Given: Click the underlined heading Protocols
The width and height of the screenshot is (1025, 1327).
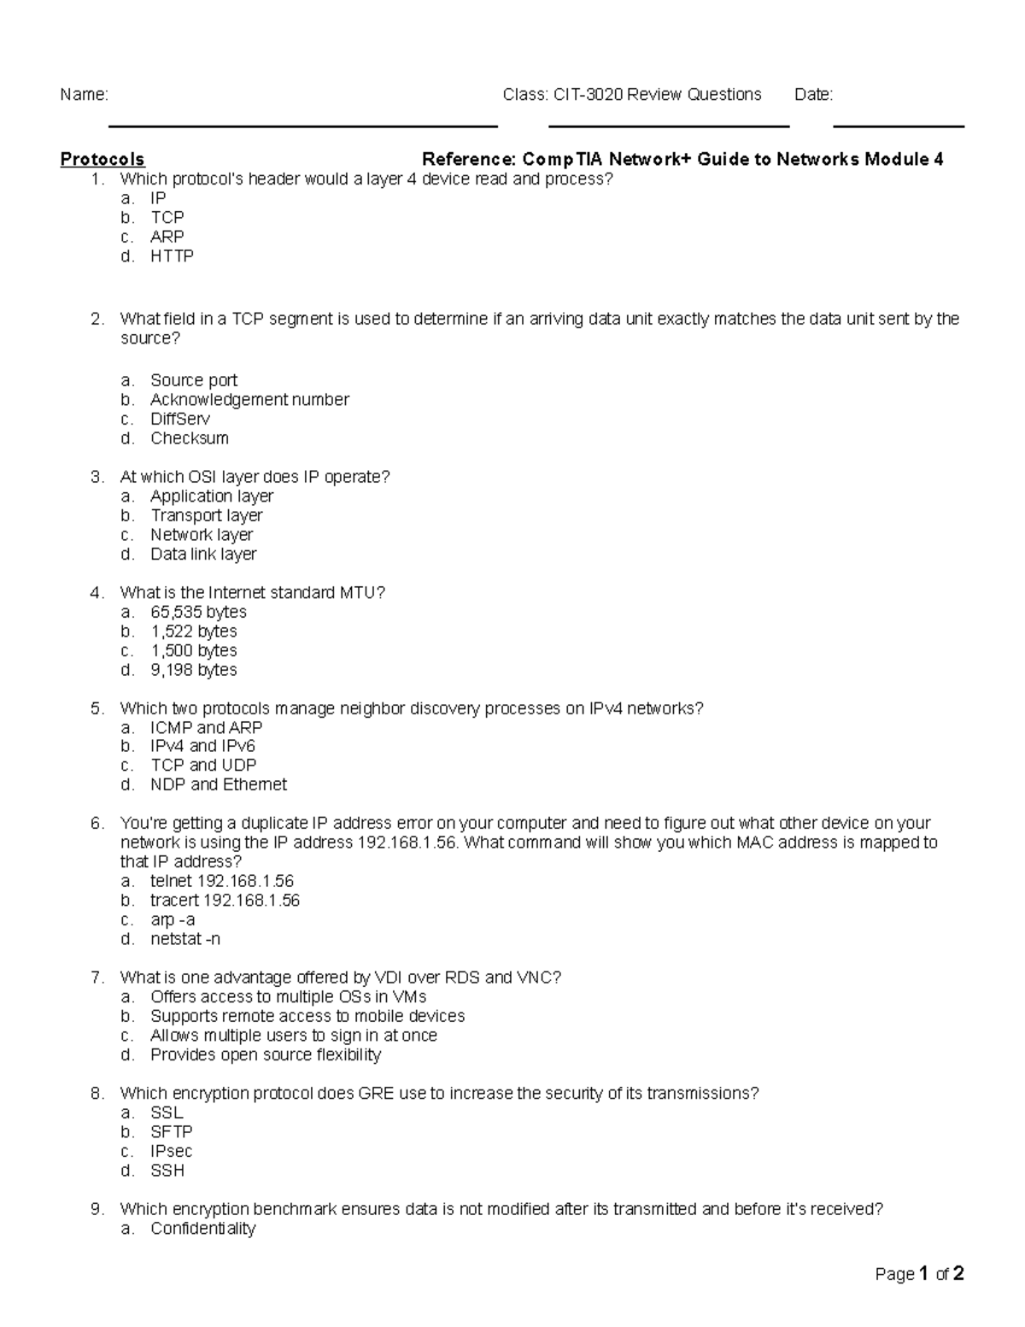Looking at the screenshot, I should pyautogui.click(x=102, y=159).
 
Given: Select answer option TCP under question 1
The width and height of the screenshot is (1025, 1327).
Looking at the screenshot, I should pyautogui.click(x=167, y=217).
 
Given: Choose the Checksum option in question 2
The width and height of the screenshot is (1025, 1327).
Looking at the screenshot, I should pyautogui.click(x=190, y=438).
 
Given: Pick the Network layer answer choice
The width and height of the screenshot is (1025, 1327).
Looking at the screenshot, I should pyautogui.click(x=202, y=535).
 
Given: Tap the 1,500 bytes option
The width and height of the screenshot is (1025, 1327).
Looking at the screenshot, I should pyautogui.click(x=194, y=650).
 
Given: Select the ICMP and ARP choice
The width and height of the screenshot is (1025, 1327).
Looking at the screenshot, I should pyautogui.click(x=206, y=727).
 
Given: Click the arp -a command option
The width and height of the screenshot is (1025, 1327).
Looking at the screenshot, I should pyautogui.click(x=173, y=919).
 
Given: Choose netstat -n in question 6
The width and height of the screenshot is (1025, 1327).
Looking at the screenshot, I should pyautogui.click(x=185, y=939).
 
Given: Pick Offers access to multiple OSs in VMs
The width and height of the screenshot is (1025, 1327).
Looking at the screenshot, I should pyautogui.click(x=288, y=996).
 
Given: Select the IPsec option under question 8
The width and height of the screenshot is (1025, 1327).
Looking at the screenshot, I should pyautogui.click(x=171, y=1151).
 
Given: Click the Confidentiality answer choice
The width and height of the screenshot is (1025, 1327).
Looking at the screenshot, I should pyautogui.click(x=202, y=1229).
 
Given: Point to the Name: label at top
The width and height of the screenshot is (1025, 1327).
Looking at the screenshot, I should pyautogui.click(x=84, y=95).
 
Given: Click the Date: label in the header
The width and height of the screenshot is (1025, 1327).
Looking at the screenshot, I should pyautogui.click(x=813, y=95).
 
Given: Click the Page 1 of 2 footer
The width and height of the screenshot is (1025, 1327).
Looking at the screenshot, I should pyautogui.click(x=919, y=1274).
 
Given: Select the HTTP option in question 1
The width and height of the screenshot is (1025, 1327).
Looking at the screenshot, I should pyautogui.click(x=172, y=255).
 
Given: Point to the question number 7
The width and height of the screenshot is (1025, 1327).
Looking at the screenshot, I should pyautogui.click(x=97, y=978).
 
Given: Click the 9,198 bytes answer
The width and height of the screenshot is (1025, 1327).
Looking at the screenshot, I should pyautogui.click(x=194, y=670).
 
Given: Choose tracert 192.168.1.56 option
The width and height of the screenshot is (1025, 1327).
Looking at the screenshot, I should pyautogui.click(x=225, y=900).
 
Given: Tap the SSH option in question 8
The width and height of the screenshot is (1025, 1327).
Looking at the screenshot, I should pyautogui.click(x=167, y=1171).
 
